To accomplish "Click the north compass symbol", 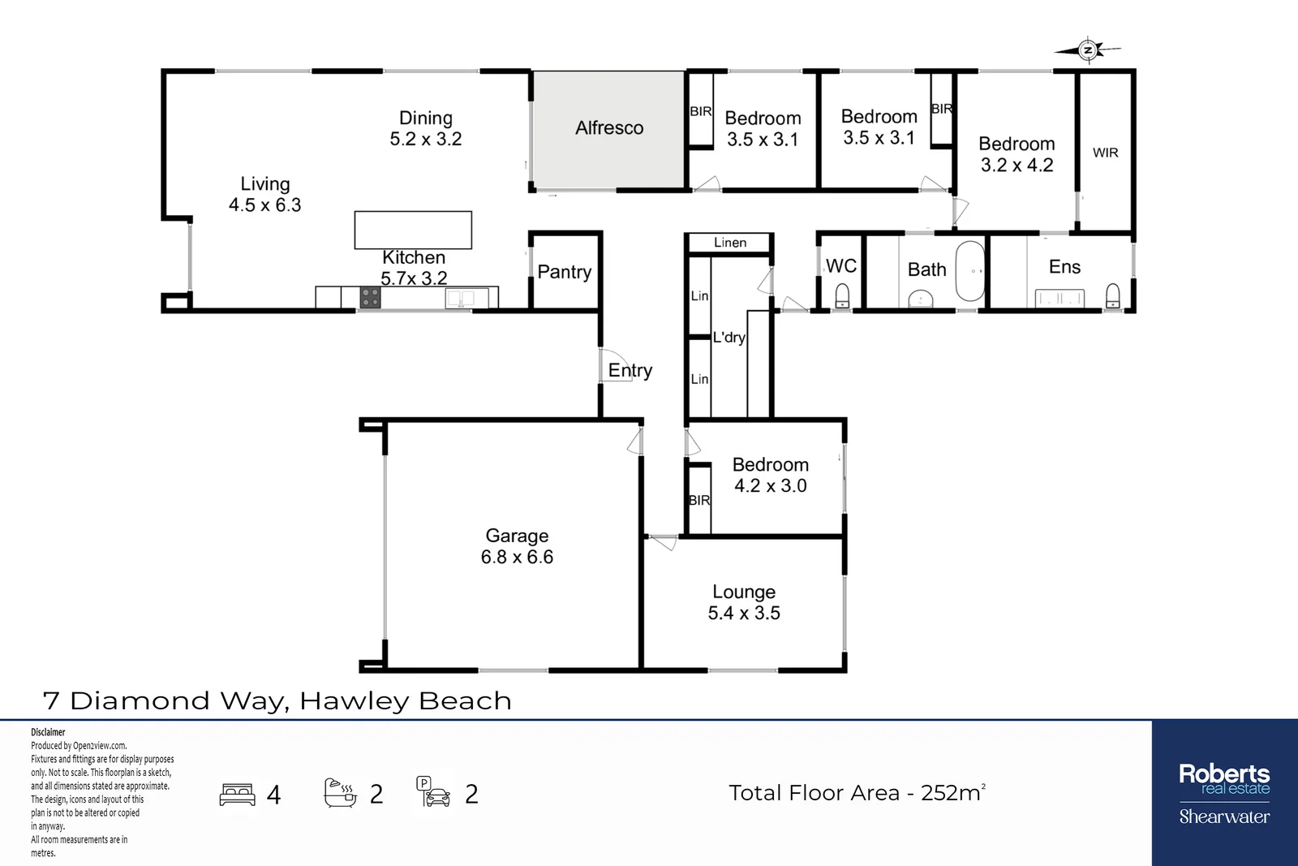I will click(x=1089, y=50).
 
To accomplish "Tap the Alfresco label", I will click(x=609, y=128).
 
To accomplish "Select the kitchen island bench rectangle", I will click(x=413, y=230).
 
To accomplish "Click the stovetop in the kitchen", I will click(x=370, y=298).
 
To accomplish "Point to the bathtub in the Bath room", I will click(x=969, y=272).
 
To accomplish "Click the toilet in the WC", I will click(x=842, y=295).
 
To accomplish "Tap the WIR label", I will click(x=1105, y=153).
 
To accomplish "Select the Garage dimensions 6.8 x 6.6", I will click(x=517, y=557).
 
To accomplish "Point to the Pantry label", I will click(x=565, y=272).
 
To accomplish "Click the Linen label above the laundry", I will click(x=730, y=243).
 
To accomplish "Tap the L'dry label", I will click(x=729, y=338).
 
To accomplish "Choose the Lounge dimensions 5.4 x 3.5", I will click(x=744, y=614).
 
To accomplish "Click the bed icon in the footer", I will click(x=237, y=794).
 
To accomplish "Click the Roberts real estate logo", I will click(x=1224, y=779).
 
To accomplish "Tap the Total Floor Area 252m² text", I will click(x=857, y=793).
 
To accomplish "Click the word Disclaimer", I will click(x=48, y=732).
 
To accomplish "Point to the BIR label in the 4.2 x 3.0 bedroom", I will click(x=699, y=501).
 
